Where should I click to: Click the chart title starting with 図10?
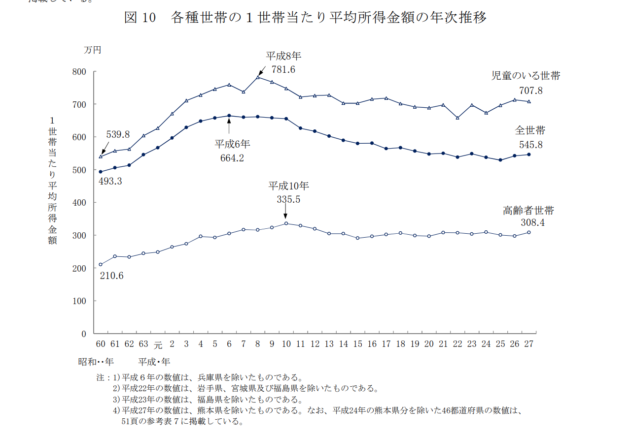click(x=305, y=18)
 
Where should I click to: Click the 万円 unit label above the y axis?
click(x=92, y=50)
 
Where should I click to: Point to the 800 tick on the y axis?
click(x=80, y=72)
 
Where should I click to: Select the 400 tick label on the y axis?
click(x=80, y=203)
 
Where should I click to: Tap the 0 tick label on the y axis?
click(x=84, y=334)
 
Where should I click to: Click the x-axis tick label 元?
click(x=158, y=344)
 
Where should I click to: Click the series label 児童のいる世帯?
click(x=526, y=76)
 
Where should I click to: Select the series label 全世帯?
click(x=530, y=130)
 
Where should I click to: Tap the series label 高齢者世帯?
click(x=528, y=211)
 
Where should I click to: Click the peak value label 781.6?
click(x=283, y=69)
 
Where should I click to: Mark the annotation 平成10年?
click(x=288, y=186)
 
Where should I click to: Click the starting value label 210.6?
click(x=111, y=276)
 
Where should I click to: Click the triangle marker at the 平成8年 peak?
click(x=258, y=77)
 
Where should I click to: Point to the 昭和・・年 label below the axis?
click(x=96, y=362)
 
